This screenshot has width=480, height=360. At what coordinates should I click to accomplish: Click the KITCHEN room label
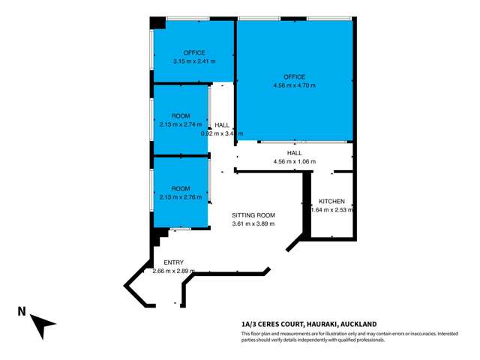331,202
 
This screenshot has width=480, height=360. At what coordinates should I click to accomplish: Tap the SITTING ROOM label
252,214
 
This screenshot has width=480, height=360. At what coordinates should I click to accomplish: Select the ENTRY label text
173,262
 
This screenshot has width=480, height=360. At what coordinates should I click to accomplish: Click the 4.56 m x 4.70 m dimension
294,86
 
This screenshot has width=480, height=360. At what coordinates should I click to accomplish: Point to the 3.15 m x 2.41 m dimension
193,61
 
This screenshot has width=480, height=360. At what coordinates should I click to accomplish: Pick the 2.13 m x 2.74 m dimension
181,124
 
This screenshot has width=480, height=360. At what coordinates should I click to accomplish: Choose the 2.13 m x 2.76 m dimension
181,197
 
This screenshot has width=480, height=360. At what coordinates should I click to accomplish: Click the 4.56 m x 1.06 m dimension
294,161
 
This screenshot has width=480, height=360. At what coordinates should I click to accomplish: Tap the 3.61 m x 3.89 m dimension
252,223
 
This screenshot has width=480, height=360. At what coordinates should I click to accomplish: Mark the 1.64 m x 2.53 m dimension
331,211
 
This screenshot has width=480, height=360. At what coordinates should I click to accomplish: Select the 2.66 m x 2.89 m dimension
173,271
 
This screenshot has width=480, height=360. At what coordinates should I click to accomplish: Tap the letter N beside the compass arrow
22,311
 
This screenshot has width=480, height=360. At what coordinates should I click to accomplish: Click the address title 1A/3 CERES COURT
274,324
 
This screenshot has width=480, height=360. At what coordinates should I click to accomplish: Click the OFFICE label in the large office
294,77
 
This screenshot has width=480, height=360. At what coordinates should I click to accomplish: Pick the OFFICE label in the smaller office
193,52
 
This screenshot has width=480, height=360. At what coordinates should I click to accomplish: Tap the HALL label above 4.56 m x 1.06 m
294,152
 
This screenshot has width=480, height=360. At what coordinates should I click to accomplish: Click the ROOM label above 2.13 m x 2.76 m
181,188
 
